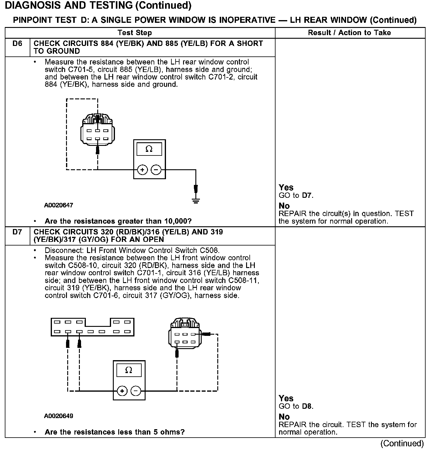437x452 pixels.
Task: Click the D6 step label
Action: tap(17, 44)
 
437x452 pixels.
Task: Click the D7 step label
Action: tap(17, 232)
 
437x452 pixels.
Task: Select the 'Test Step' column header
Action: tap(135, 33)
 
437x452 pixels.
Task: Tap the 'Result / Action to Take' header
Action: tap(349, 33)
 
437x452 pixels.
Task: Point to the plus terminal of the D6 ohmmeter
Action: tap(142, 170)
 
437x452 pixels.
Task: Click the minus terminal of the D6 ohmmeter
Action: tap(156, 170)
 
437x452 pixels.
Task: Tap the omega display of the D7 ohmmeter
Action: tap(129, 370)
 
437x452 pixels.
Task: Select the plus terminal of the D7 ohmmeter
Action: tap(122, 391)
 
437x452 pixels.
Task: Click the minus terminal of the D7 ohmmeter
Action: tap(136, 391)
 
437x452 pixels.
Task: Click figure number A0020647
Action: tap(59, 206)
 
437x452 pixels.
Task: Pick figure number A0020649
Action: tap(59, 416)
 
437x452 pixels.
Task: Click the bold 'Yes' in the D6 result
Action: tap(286, 188)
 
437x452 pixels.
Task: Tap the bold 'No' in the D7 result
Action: tap(284, 417)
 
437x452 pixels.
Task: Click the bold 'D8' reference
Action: tap(307, 407)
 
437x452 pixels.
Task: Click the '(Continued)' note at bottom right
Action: tap(402, 444)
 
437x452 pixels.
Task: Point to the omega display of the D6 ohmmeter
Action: tap(149, 149)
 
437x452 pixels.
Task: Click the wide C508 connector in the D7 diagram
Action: tap(92, 327)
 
